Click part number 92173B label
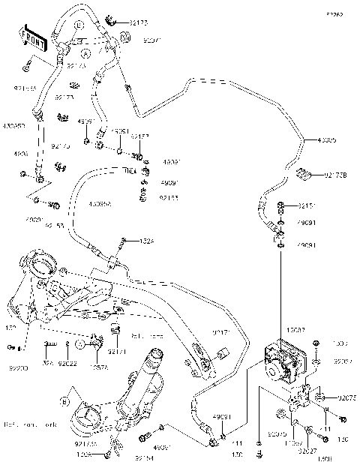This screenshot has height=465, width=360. [337, 175]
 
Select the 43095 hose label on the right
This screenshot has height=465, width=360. [328, 140]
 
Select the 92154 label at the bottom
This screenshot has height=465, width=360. [145, 457]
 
